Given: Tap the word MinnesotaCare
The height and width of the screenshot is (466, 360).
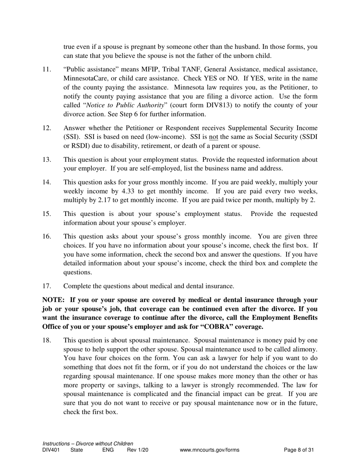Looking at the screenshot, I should click(x=82, y=78).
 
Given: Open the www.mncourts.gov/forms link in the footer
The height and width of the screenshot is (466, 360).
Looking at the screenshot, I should click(x=210, y=450).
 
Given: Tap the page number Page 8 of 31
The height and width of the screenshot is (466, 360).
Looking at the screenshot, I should click(x=299, y=450).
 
